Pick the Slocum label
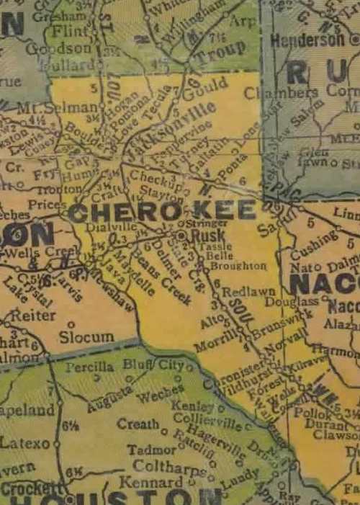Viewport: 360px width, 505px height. tap(86, 336)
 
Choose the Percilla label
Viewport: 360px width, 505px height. tap(89, 367)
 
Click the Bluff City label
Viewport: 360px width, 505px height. tap(153, 365)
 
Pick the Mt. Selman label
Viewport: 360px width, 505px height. tap(34, 106)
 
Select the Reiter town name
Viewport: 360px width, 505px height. tap(33, 315)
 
